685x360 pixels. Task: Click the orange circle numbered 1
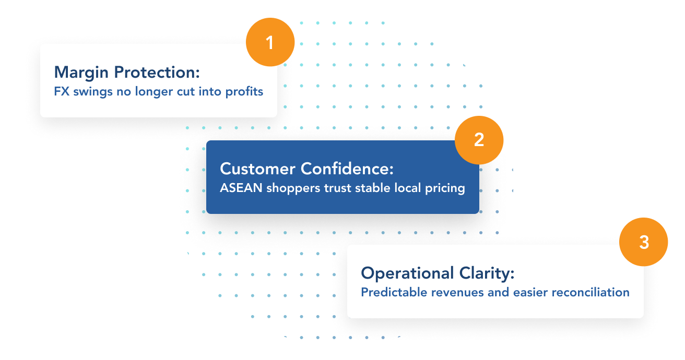pyautogui.click(x=270, y=42)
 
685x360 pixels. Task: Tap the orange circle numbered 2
pyautogui.click(x=479, y=140)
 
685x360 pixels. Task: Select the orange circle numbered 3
pyautogui.click(x=644, y=242)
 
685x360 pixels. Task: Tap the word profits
pyautogui.click(x=244, y=92)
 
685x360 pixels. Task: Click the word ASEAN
pyautogui.click(x=241, y=188)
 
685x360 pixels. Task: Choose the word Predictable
pyautogui.click(x=394, y=292)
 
